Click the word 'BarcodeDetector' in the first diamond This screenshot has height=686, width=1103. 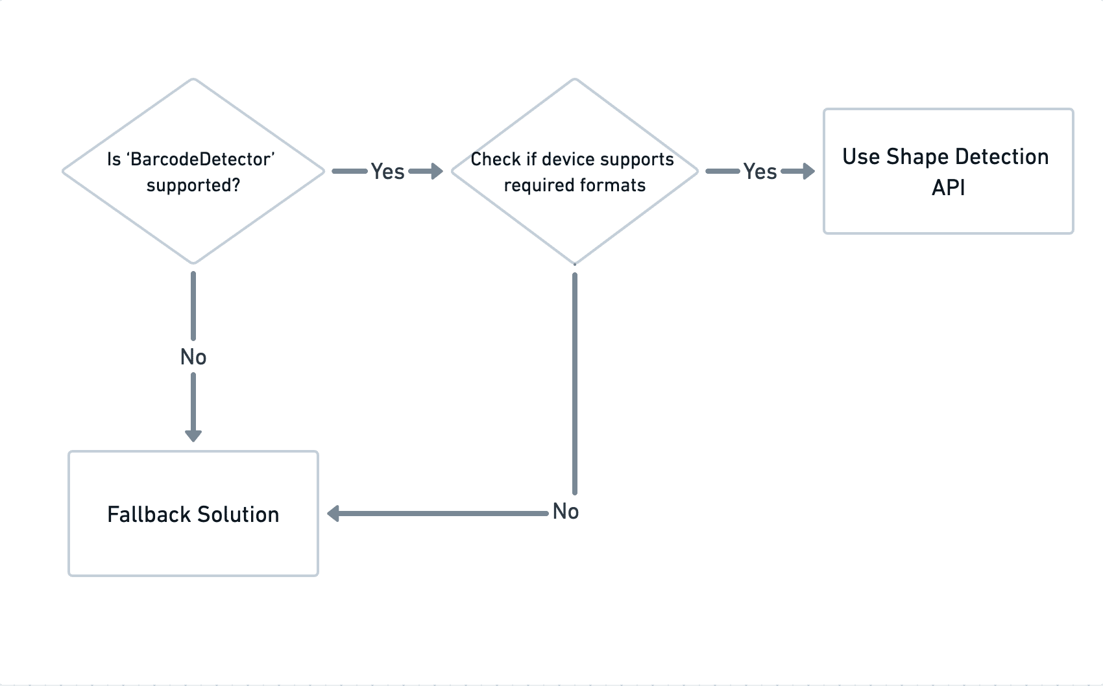coord(202,160)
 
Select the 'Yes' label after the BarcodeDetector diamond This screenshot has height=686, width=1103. coord(387,172)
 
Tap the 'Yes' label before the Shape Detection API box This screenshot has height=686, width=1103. coord(760,172)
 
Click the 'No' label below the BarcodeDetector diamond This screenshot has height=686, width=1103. coord(193,357)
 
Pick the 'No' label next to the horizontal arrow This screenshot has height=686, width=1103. coord(566,512)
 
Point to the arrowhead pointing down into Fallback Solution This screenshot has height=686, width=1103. coord(193,435)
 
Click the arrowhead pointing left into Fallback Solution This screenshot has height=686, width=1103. coord(334,514)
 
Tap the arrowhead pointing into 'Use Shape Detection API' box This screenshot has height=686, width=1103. coord(808,172)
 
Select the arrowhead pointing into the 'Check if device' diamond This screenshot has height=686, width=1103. coord(436,172)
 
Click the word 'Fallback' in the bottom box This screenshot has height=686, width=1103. coord(149,515)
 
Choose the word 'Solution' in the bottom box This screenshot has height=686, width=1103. coord(238,515)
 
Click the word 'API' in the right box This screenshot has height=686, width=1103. coord(948,188)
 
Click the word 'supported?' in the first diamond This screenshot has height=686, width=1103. coord(193,186)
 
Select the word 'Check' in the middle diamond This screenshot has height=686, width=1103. coord(496,160)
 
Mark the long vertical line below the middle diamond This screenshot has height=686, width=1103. coord(575,383)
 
